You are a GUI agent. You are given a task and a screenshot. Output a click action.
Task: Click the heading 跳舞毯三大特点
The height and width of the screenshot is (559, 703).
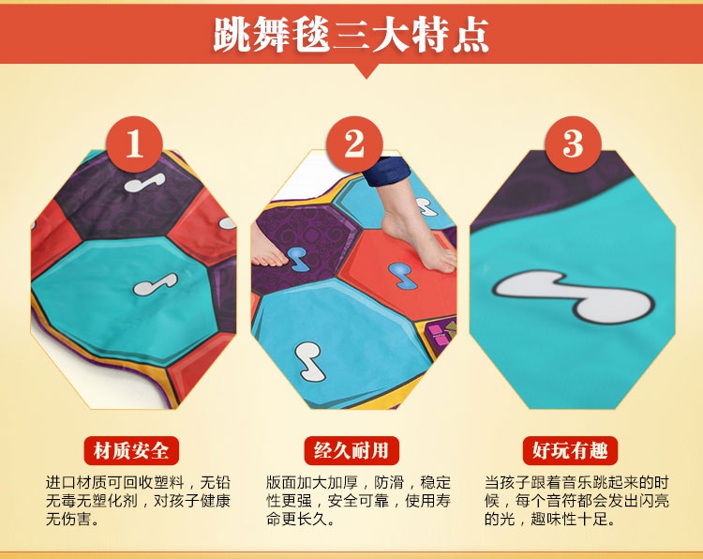coord(351,35)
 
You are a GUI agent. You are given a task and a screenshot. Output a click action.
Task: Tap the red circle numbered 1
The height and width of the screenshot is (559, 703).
coord(134,144)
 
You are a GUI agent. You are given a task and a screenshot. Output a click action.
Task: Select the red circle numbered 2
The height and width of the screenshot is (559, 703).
coord(354,144)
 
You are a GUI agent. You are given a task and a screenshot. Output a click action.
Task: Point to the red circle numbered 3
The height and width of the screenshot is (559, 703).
coord(573,144)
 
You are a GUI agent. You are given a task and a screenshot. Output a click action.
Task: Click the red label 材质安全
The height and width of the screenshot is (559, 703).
coord(131,450)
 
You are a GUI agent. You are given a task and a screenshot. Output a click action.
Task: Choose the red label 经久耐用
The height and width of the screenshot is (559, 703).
coord(351,450)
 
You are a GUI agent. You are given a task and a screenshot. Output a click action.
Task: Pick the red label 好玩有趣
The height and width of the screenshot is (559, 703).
coord(570,450)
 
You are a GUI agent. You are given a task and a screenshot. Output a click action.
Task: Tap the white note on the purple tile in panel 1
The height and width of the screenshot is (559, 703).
coord(144,182)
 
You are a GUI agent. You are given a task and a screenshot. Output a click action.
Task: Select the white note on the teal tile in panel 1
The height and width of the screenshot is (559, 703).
coord(155,284)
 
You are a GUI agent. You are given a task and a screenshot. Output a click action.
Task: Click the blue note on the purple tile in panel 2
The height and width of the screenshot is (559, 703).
coord(298,259)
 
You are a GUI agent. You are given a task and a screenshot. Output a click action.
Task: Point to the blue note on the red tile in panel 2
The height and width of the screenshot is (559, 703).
coord(403,275)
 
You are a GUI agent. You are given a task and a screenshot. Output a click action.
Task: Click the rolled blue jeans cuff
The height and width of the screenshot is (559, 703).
coord(386,171)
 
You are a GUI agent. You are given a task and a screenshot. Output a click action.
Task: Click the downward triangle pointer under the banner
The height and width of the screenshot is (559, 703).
coord(366,71)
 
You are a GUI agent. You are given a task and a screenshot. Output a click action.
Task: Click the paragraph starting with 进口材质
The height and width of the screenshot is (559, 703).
coord(138,501)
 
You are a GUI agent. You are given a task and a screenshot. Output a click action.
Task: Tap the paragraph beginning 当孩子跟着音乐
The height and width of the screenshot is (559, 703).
coord(576,501)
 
